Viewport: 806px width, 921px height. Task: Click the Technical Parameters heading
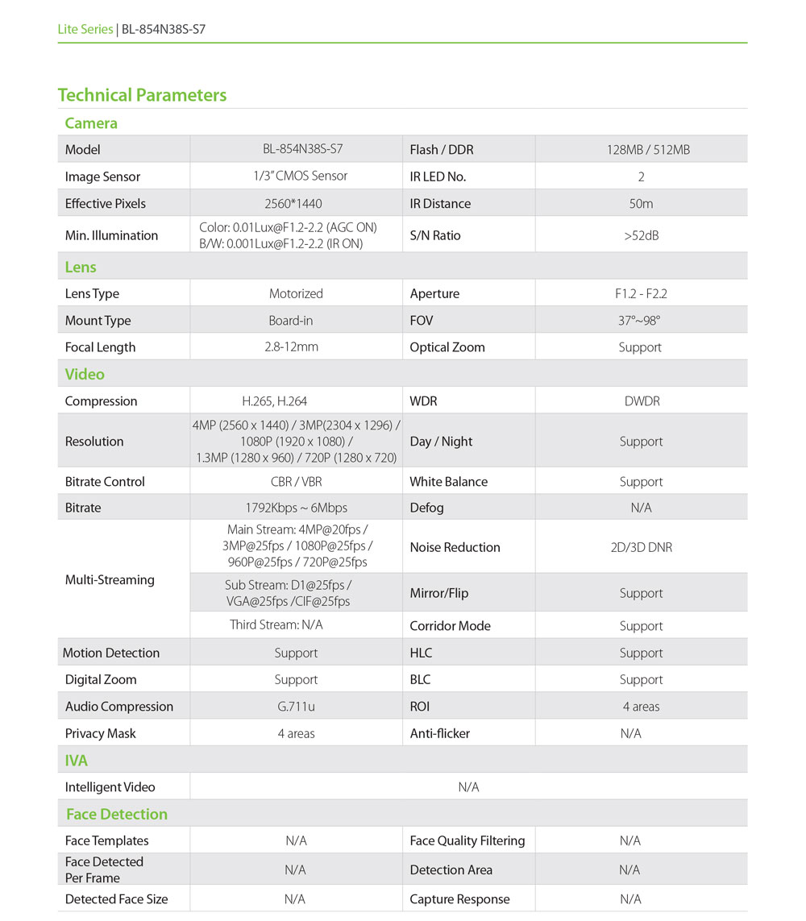coord(142,95)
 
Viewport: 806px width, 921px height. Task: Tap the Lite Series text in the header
coord(85,30)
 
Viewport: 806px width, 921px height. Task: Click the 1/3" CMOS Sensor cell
coord(296,176)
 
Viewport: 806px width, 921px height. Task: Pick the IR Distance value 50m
coord(641,204)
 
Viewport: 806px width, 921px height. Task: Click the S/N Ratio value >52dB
coord(641,236)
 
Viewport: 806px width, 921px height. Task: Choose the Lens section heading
coord(81,267)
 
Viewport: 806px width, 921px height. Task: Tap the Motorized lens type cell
coord(296,294)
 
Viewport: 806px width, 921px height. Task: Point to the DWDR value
coord(642,401)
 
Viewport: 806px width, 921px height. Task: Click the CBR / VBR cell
coord(296,482)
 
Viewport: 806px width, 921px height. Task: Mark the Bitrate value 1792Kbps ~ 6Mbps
coord(296,508)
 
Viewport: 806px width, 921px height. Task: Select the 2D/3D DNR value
coord(641,548)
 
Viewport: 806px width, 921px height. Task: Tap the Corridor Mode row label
coord(450,626)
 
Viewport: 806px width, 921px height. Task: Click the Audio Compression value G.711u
coord(296,707)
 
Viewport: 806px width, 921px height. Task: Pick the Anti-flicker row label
coord(439,734)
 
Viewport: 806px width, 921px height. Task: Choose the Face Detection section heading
coord(117,814)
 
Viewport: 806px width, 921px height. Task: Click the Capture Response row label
coord(459,899)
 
